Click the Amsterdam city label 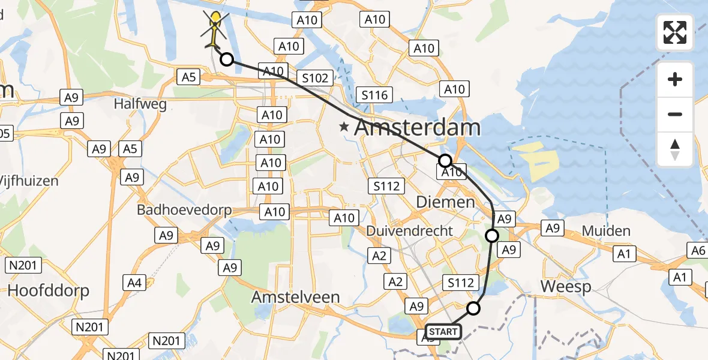coord(417,128)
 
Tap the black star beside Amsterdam coord(344,127)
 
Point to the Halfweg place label coord(140,104)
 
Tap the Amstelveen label coord(296,297)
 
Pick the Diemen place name coord(446,202)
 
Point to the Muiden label coord(606,231)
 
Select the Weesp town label coord(566,286)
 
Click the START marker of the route coord(443,331)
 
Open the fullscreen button coord(675,32)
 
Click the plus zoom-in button coord(675,79)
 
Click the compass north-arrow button coord(675,149)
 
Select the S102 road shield coord(315,77)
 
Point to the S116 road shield coord(374,94)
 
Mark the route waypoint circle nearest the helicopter coord(227,59)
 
